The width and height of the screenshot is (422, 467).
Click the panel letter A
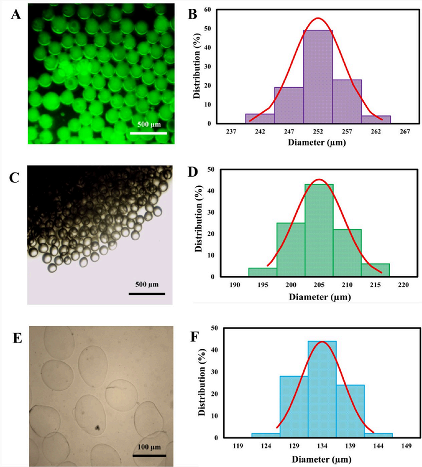coord(15,14)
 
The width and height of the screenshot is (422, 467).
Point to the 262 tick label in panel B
coord(376,132)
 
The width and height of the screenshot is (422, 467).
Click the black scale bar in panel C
coord(147,293)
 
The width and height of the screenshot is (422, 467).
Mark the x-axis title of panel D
coord(320,297)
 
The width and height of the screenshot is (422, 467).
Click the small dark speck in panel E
coord(96,427)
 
